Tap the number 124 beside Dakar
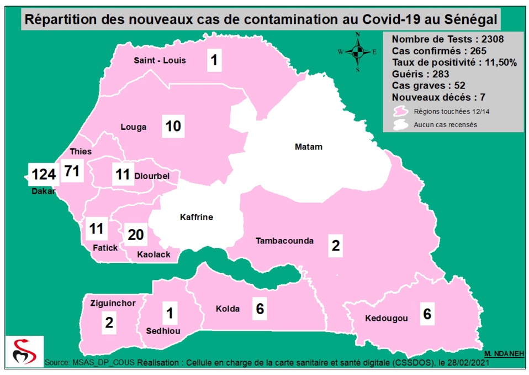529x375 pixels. click(44, 175)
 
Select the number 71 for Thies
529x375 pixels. click(72, 171)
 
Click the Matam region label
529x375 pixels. click(308, 147)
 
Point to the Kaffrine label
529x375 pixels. click(196, 217)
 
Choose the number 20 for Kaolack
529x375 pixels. click(135, 235)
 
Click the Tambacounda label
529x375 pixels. click(284, 241)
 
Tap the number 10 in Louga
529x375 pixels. click(173, 127)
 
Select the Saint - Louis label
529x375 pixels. click(160, 60)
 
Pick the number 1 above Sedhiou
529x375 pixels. click(170, 313)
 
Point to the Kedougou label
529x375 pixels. click(387, 319)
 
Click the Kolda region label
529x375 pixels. click(228, 309)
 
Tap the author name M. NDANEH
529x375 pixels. click(502, 353)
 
